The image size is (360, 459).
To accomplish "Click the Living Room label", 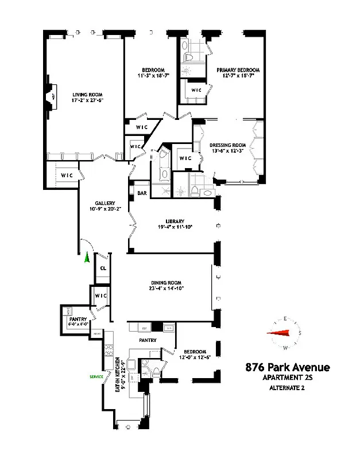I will [x=87, y=94].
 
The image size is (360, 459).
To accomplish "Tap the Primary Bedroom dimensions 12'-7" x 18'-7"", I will [x=235, y=75].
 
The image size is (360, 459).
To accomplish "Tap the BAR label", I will [x=141, y=193].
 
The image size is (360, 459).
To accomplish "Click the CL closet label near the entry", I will [x=103, y=268].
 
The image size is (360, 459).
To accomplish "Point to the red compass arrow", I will [x=280, y=333].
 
